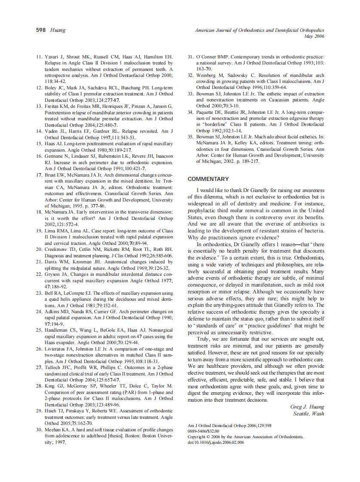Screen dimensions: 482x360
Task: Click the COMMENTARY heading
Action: [208, 179]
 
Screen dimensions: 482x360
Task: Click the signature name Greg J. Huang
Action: [307, 407]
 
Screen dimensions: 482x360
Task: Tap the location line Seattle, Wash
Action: [308, 414]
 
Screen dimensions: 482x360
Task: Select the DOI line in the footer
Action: [216, 442]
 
